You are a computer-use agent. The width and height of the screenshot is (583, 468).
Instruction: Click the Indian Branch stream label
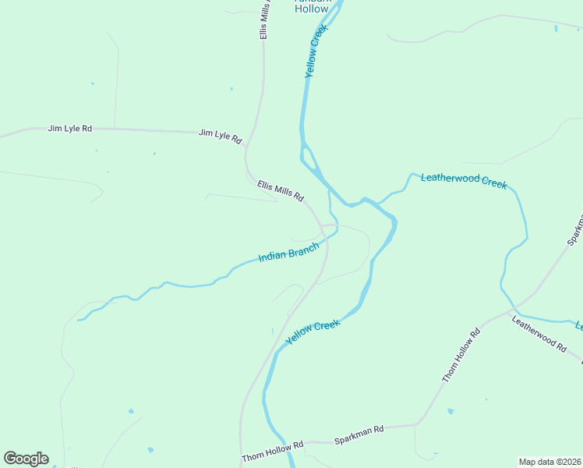[x=288, y=253]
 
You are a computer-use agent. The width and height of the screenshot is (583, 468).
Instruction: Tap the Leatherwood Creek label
[x=464, y=181]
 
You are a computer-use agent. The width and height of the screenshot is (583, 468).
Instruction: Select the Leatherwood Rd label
[x=539, y=333]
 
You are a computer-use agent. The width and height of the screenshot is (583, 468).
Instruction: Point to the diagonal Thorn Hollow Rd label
[x=462, y=356]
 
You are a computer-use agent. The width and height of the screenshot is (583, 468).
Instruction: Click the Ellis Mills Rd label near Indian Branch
[x=280, y=191]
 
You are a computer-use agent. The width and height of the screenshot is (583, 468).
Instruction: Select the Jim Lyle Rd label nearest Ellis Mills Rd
[x=220, y=135]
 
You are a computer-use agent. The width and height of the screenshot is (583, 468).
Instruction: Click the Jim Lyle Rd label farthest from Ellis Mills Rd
[x=69, y=128]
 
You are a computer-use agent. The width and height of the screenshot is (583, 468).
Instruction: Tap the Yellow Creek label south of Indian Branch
[x=313, y=332]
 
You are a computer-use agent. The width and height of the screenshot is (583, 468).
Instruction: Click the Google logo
[x=26, y=459]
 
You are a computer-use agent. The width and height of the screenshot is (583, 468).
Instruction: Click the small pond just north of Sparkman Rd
[x=450, y=411]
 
